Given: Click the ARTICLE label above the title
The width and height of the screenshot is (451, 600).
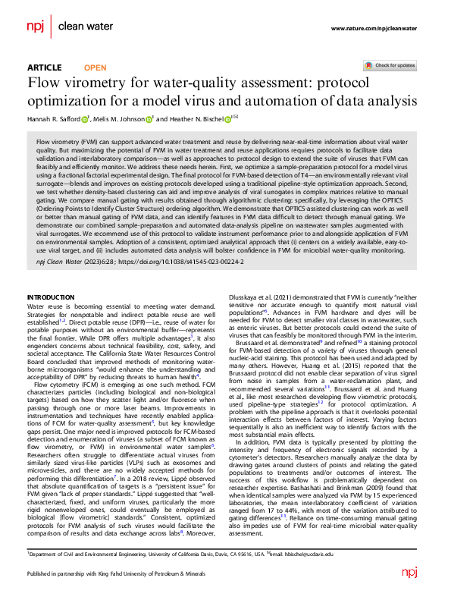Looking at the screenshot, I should point(45,68).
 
